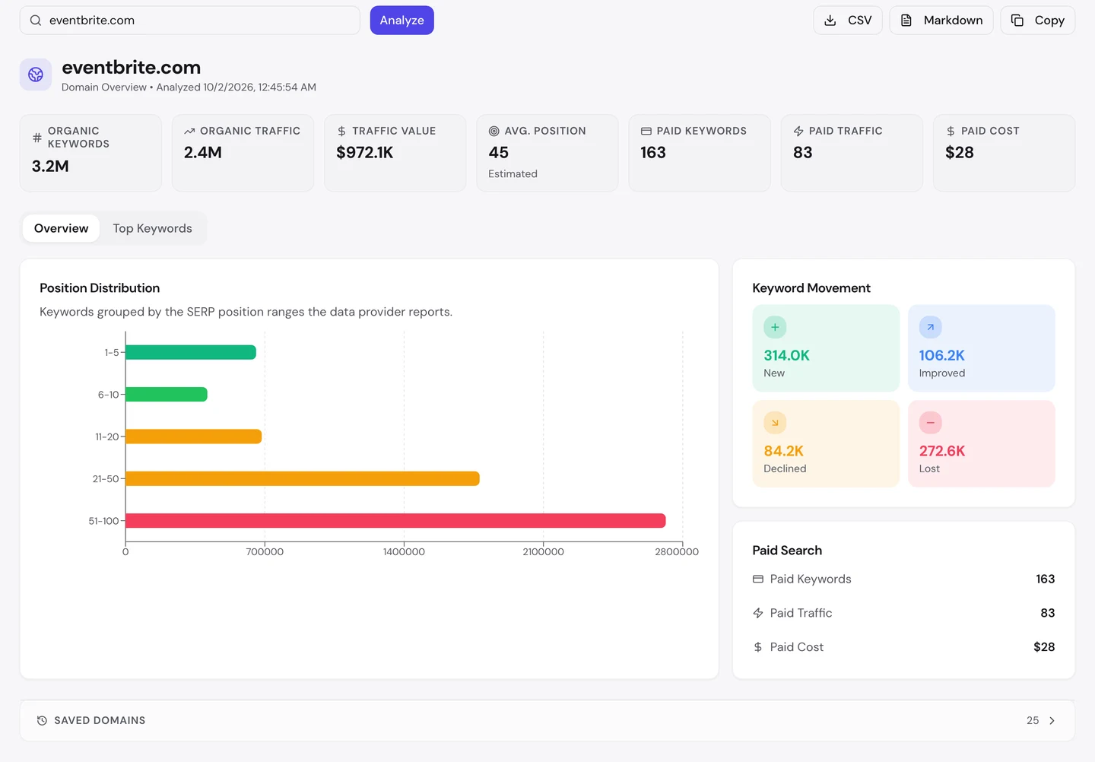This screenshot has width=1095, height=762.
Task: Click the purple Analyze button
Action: (401, 20)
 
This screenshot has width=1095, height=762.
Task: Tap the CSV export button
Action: (848, 20)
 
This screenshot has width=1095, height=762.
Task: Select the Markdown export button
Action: (941, 20)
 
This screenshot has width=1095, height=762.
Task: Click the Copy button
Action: (1037, 20)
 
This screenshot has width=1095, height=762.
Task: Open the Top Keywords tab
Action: (153, 228)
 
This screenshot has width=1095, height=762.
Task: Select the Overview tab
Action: (61, 228)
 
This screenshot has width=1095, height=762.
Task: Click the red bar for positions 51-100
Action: (395, 520)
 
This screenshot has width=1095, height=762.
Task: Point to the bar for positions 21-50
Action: (303, 478)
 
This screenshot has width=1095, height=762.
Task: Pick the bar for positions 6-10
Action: (167, 394)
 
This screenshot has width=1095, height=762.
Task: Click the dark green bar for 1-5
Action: (191, 352)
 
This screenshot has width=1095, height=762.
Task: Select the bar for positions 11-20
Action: (194, 437)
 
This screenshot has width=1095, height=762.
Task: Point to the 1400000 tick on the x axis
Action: (404, 552)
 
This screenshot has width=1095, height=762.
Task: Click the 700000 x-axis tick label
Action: (265, 552)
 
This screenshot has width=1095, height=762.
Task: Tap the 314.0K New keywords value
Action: (786, 355)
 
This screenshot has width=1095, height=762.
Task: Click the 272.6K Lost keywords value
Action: (942, 451)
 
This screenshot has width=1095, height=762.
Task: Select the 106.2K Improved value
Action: (941, 355)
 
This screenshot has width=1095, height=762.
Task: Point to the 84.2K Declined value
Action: (783, 451)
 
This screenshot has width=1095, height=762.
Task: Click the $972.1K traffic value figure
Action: (365, 153)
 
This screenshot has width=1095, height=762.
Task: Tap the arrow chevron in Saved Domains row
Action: (1052, 720)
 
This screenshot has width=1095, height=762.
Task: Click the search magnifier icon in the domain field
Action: (36, 20)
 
